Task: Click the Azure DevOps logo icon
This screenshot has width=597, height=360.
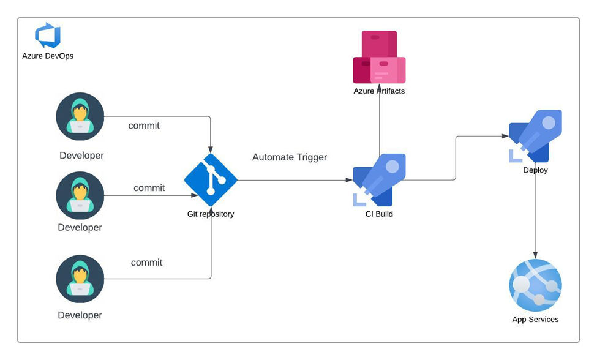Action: [48, 36]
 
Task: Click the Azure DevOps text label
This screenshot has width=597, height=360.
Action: [48, 56]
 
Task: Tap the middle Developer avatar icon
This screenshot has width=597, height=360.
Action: [80, 196]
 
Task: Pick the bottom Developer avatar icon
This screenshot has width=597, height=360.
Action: [80, 279]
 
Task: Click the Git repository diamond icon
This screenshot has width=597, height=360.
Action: [211, 179]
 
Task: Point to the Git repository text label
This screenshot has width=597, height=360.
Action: [211, 214]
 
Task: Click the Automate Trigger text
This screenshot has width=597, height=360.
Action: [290, 157]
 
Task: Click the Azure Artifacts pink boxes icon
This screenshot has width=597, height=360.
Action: [379, 57]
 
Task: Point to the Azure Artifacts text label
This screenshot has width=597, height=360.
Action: [379, 91]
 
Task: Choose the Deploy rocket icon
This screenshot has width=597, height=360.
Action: [535, 136]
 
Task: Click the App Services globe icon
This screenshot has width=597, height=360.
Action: [535, 285]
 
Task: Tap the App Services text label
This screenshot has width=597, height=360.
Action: [535, 320]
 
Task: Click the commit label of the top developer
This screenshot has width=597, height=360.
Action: [144, 126]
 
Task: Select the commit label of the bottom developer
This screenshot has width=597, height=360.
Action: [146, 263]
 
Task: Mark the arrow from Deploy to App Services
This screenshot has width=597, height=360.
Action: [536, 214]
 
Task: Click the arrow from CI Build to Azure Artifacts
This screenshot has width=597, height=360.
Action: [379, 122]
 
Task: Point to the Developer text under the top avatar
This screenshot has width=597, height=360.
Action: [81, 156]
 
